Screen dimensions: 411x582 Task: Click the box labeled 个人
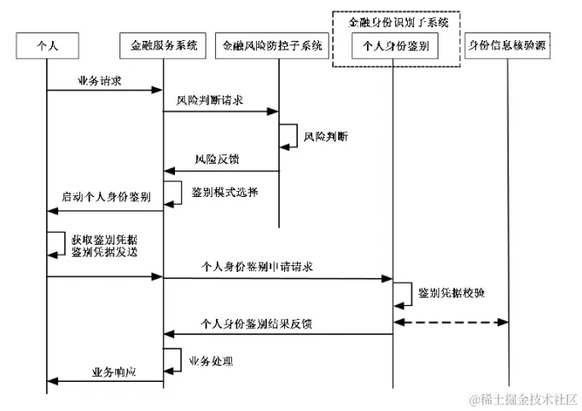pos(48,43)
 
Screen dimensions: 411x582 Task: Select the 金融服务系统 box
pos(163,43)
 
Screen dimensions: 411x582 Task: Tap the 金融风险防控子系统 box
pos(273,43)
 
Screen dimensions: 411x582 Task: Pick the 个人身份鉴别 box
pos(394,43)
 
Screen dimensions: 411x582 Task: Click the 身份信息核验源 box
pos(508,43)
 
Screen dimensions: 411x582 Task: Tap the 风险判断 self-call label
pos(326,136)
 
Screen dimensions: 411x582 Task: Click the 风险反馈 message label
pos(212,159)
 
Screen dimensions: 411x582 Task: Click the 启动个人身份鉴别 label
pos(106,196)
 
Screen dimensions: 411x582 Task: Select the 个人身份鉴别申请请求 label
pos(256,267)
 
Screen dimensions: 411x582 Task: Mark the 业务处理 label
pos(211,362)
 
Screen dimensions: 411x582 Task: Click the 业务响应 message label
pos(114,373)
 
